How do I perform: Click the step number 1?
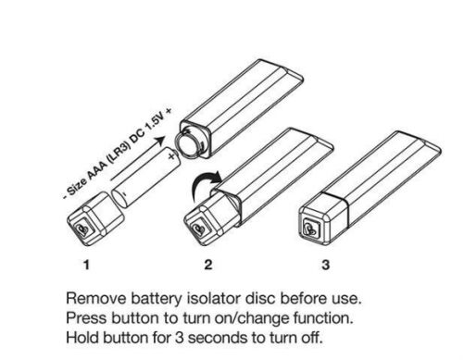pos(87,265)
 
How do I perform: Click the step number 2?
pos(208,265)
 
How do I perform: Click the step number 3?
pos(326,265)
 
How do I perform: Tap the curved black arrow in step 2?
pos(206,184)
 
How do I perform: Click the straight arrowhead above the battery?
pos(159,141)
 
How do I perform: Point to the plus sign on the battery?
pos(171,156)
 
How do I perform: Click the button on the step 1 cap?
pos(81,230)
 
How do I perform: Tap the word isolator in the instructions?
pos(213,298)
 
